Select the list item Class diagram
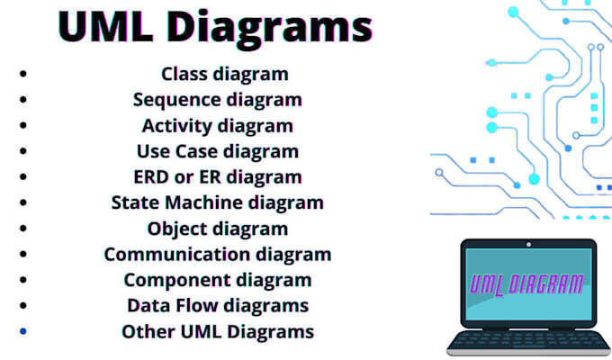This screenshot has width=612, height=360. point(225,74)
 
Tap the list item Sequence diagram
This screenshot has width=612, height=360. point(218,100)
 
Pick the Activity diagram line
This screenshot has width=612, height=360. point(218,125)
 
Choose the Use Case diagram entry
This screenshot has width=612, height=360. point(218,151)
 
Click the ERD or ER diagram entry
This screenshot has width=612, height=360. point(218,177)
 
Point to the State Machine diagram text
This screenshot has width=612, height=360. point(218,202)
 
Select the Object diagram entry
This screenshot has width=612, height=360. point(218,229)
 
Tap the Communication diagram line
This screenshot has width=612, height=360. point(218,255)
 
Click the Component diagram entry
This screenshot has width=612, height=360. point(218,280)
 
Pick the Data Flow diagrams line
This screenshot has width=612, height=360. point(218,306)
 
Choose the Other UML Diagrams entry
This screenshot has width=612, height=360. point(218,331)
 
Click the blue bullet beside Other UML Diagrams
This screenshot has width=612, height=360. point(23,332)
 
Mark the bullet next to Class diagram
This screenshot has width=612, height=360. point(23,74)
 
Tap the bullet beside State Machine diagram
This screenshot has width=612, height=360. point(23,203)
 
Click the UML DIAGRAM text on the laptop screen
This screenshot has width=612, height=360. point(526,284)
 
